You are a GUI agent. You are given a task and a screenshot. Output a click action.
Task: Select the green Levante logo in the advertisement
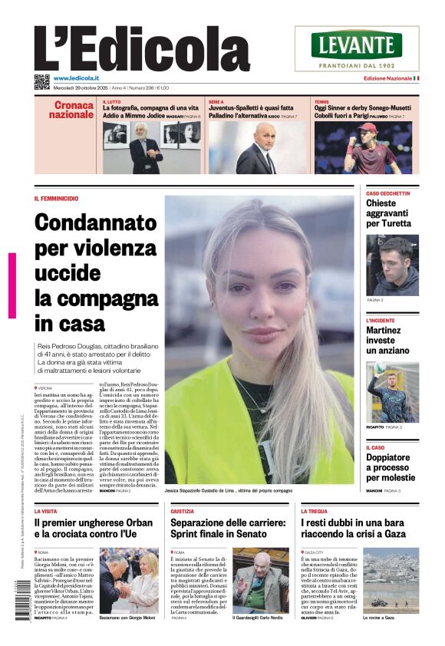(356, 45)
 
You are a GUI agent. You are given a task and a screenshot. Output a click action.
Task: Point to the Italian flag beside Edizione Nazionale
(415, 79)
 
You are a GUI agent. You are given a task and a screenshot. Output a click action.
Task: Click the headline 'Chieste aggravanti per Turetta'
(388, 213)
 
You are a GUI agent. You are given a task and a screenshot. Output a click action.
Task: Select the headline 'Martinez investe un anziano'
(387, 340)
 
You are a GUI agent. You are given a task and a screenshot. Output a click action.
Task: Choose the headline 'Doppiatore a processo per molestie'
(392, 466)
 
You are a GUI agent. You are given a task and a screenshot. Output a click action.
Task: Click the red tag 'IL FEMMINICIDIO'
(56, 199)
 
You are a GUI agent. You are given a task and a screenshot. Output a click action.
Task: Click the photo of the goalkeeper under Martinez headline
(392, 392)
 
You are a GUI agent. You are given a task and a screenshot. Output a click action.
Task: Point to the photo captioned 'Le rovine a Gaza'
(391, 579)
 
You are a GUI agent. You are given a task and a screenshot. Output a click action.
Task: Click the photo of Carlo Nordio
(260, 579)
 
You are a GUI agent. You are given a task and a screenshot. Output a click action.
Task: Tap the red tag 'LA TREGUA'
(314, 510)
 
